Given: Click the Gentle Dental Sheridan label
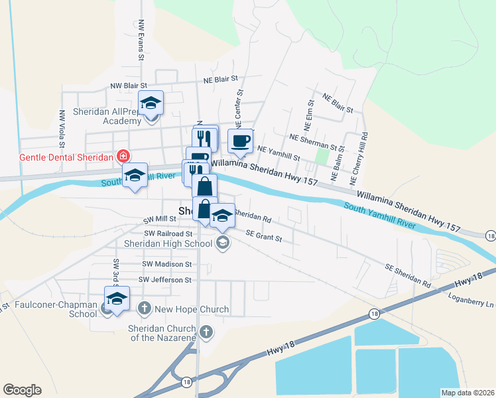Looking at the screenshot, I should tap(57, 157).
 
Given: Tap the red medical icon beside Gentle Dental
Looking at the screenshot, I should tap(123, 157).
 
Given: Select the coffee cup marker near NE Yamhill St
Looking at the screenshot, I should tap(240, 141).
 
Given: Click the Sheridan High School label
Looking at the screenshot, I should tap(168, 243).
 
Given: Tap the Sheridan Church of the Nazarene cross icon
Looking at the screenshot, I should tap(206, 332).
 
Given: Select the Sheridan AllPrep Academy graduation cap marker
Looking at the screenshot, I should tap(151, 103).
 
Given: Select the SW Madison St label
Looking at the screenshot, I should tap(166, 264).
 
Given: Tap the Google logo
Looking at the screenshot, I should tap(22, 390).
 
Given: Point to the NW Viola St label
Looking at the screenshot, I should tap(62, 127).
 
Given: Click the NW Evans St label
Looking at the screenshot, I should tap(141, 40).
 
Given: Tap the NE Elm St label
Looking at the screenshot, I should tap(308, 117).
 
